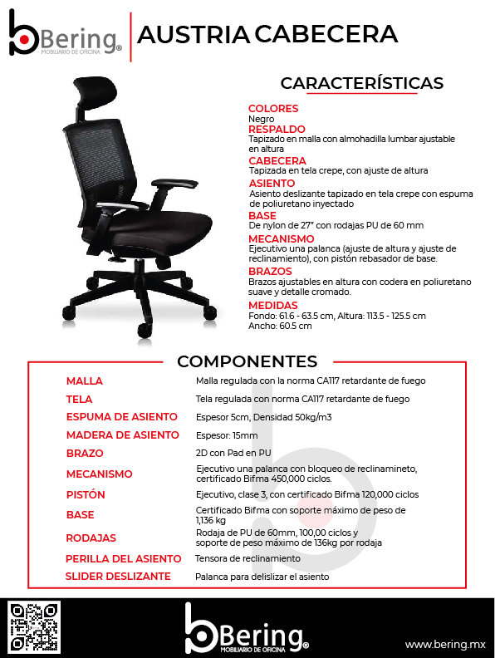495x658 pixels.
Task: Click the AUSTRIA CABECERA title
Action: (267, 34)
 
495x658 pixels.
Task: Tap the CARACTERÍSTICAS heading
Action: (361, 83)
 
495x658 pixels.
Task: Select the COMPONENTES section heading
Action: (247, 361)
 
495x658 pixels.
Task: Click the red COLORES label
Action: (273, 109)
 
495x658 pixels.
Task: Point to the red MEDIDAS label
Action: (272, 306)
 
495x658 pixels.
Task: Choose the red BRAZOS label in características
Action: (270, 271)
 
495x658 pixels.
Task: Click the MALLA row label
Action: (85, 381)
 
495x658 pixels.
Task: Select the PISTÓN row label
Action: (86, 494)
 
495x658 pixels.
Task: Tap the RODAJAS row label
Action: (91, 538)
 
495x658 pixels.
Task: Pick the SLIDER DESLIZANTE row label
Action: (118, 576)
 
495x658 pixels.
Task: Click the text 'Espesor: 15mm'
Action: (227, 435)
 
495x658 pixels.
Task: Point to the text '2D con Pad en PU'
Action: (233, 454)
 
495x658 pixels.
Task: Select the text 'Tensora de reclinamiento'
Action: (247, 558)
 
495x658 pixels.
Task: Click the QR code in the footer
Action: (33, 627)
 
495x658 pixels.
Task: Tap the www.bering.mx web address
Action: (444, 644)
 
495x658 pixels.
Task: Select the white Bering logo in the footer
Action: (247, 629)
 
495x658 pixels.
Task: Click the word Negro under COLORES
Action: (261, 119)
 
